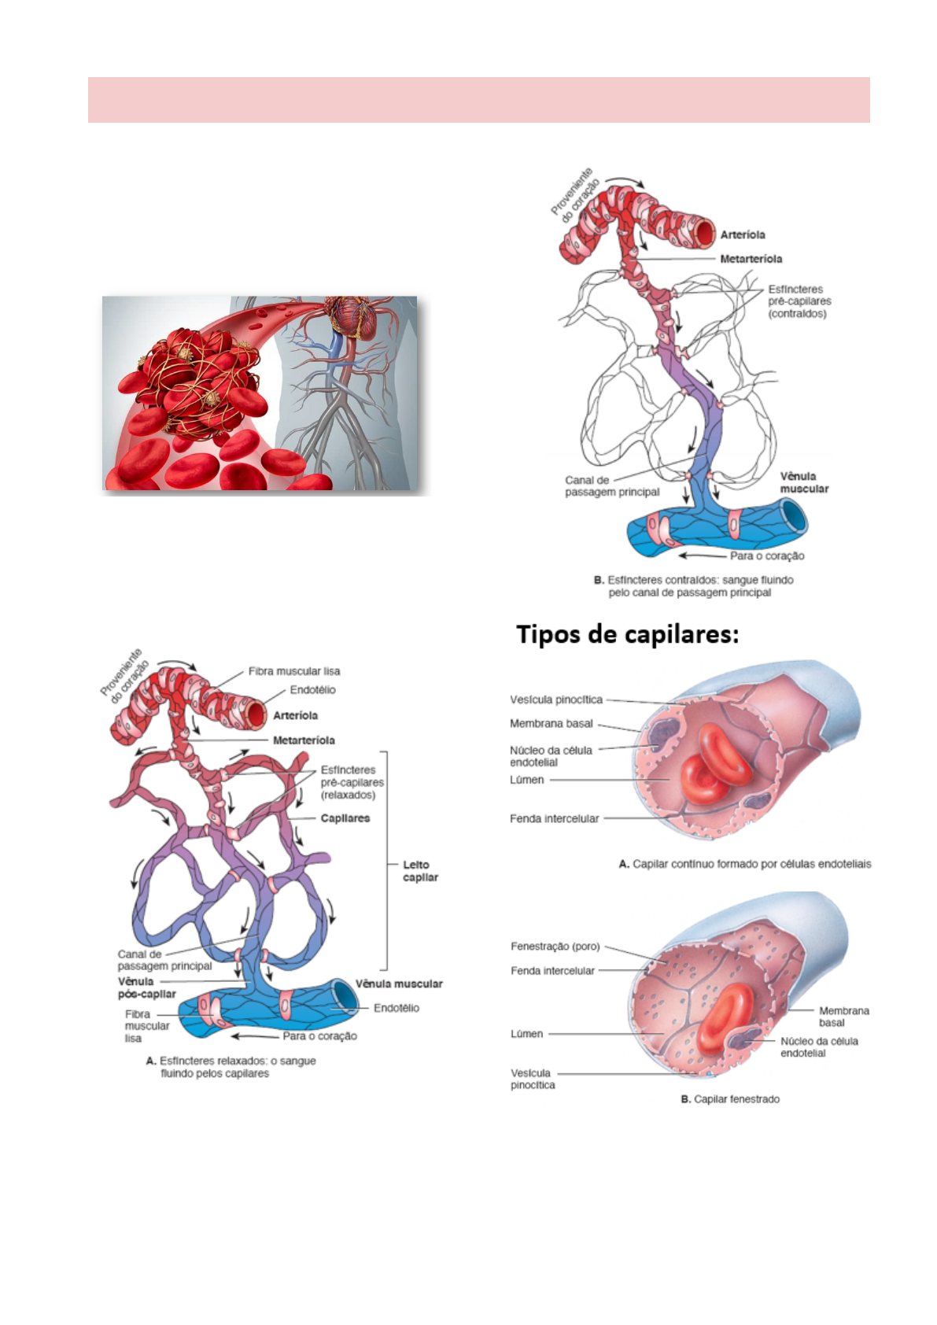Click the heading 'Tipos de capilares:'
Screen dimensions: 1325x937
pyautogui.click(x=627, y=634)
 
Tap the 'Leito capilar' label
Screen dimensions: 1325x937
pyautogui.click(x=420, y=871)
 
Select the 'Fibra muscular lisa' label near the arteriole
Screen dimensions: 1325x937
pyautogui.click(x=294, y=671)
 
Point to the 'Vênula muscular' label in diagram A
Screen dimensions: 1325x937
pyautogui.click(x=399, y=984)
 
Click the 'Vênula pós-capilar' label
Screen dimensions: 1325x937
pyautogui.click(x=146, y=987)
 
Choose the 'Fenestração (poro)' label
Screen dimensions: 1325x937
pyautogui.click(x=555, y=947)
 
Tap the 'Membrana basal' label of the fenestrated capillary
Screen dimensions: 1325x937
pyautogui.click(x=843, y=1017)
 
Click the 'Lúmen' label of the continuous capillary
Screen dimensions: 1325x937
pyautogui.click(x=526, y=780)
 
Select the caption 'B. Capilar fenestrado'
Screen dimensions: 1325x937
pyautogui.click(x=730, y=1099)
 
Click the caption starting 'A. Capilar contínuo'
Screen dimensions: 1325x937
pyautogui.click(x=745, y=864)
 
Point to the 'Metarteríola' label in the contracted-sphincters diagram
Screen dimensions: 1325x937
pyautogui.click(x=751, y=259)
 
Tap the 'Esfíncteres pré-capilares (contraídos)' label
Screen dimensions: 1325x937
pyautogui.click(x=799, y=301)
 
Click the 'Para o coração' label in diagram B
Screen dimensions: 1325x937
pyautogui.click(x=766, y=555)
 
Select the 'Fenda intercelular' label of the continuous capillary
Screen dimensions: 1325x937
pyautogui.click(x=554, y=818)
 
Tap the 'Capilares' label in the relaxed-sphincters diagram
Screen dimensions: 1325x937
pyautogui.click(x=345, y=818)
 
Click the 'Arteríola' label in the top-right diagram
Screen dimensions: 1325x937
pyautogui.click(x=742, y=234)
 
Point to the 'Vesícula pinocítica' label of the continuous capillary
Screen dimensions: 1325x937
pyautogui.click(x=555, y=699)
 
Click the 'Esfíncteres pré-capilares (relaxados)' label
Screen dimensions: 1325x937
pyautogui.click(x=352, y=782)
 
